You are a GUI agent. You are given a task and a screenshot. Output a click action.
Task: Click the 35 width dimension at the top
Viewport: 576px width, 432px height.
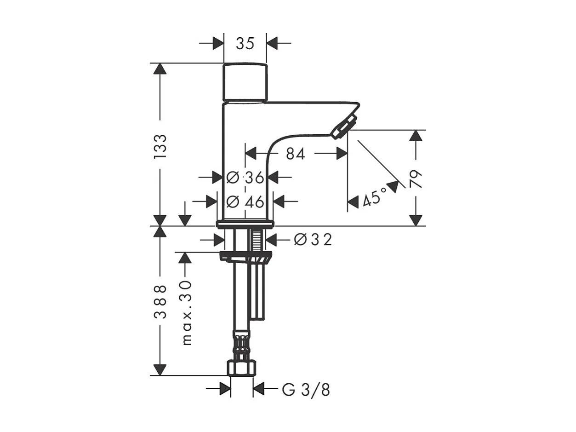245,44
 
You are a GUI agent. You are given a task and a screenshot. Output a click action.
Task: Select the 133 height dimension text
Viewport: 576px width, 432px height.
160,147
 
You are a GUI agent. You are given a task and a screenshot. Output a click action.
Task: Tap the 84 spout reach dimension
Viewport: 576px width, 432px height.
295,154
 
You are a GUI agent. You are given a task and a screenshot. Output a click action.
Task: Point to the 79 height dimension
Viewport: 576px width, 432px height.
416,179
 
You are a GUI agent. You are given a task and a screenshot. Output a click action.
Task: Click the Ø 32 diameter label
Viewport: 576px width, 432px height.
313,240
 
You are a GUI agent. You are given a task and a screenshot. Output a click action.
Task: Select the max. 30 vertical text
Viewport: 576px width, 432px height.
186,312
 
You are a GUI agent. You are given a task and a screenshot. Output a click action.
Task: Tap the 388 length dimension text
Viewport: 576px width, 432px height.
160,301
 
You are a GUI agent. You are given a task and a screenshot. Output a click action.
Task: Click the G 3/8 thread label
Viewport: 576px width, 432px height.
306,390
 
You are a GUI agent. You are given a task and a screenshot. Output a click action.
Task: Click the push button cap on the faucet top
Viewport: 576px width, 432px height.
245,82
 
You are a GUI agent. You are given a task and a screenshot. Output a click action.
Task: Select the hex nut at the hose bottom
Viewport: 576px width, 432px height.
242,368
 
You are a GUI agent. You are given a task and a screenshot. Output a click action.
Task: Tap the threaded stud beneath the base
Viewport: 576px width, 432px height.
256,241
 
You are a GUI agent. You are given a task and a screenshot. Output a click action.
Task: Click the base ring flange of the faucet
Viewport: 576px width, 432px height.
245,224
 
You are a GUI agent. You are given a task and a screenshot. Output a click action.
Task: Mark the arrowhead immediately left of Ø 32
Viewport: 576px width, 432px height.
271,240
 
